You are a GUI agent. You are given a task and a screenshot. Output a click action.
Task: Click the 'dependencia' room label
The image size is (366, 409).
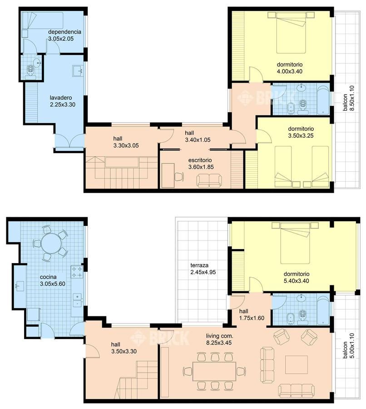64,32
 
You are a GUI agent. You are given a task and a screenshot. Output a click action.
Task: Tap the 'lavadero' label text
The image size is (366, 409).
61,98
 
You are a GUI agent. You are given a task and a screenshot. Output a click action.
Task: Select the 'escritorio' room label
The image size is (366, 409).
200,160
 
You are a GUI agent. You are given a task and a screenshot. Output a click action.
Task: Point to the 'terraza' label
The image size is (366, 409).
199,265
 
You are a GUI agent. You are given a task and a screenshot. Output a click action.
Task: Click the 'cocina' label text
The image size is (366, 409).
48,277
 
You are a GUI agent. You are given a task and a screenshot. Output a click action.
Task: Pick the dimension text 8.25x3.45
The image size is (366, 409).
219,343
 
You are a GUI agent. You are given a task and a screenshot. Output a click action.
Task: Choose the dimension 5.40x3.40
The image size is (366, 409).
297,281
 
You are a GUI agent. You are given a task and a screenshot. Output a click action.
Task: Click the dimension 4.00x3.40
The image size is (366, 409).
290,71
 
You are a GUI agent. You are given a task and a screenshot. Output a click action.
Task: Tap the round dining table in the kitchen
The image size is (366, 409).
51,243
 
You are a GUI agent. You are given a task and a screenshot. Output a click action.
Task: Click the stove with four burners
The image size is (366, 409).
77,272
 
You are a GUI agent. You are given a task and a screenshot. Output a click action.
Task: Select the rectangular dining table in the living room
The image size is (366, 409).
214,371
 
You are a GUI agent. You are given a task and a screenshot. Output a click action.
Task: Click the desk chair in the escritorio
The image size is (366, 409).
179,177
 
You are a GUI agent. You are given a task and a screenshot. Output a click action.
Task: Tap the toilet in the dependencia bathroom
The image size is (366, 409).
31,71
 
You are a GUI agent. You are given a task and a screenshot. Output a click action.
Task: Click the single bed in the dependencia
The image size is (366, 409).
43,20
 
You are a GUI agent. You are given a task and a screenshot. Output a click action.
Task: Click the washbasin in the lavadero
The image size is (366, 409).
78,71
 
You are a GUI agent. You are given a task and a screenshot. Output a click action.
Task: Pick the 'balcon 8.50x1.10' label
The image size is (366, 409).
349,98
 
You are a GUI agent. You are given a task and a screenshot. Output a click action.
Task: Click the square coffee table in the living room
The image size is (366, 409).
297,364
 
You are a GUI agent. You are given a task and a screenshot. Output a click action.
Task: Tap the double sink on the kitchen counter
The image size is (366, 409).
77,300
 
